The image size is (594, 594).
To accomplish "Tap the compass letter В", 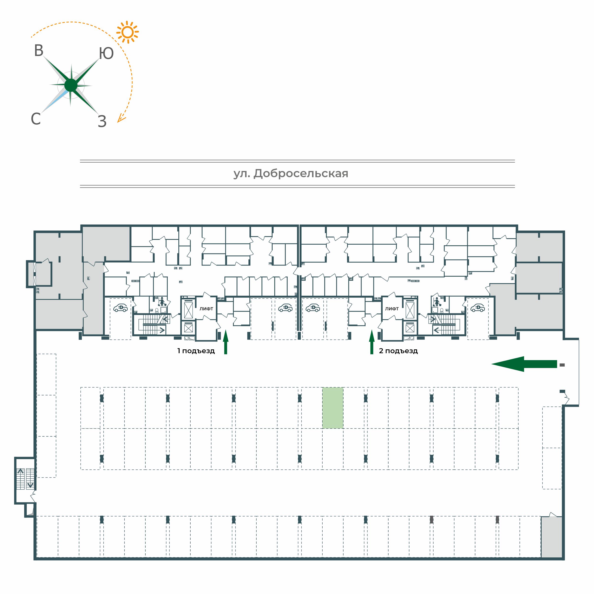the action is click(39, 51).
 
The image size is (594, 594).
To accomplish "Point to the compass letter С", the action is click(36, 119).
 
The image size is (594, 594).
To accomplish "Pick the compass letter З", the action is click(102, 121).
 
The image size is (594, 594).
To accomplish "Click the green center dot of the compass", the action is click(71, 85).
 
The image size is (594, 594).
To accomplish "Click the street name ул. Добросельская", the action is click(291, 174).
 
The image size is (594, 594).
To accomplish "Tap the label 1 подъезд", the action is click(196, 351).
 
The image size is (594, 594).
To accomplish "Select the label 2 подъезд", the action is click(398, 351).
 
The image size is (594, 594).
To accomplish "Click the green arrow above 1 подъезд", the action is click(226, 342).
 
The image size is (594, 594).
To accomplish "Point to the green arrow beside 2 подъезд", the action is click(372, 342).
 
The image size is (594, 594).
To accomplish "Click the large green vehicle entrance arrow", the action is click(524, 364).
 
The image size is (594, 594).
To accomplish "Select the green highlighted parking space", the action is click(333, 408).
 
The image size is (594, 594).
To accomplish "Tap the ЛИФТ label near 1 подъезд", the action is click(206, 309).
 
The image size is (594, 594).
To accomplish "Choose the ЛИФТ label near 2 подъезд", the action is click(392, 309).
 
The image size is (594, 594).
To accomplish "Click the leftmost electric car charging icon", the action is click(121, 308).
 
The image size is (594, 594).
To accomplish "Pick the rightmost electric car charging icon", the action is click(478, 308).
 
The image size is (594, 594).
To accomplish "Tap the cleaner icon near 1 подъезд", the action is click(162, 302).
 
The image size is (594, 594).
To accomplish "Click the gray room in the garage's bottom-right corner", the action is click(552, 537).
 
